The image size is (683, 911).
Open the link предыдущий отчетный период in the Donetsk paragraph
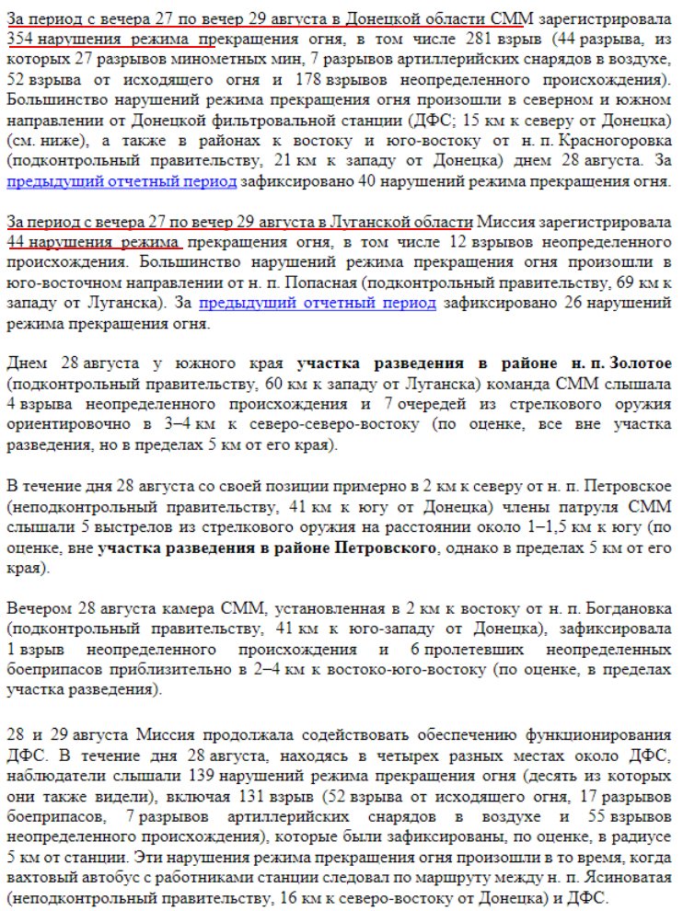[x=122, y=181]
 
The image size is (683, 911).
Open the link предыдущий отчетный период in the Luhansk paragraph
[x=318, y=303]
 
